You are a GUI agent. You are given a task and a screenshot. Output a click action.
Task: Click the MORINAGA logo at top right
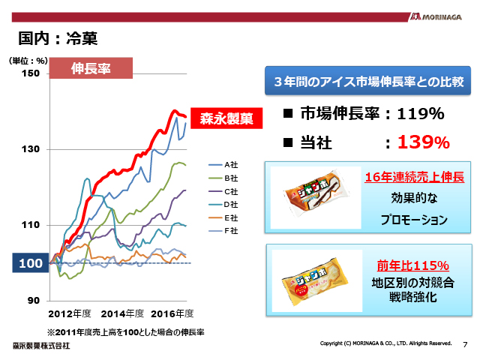pos(440,16)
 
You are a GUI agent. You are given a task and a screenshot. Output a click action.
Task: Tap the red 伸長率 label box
pos(91,68)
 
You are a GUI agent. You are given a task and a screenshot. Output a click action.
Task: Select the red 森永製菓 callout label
pos(226,118)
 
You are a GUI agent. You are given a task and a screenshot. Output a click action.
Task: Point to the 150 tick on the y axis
pos(31,73)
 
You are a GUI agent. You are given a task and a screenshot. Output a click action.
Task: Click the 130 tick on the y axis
pos(31,149)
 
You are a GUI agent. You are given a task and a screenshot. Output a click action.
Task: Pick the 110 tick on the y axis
pos(31,225)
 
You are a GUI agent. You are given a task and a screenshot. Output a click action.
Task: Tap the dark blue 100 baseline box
pos(29,263)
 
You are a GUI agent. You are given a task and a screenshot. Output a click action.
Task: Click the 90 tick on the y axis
pos(34,301)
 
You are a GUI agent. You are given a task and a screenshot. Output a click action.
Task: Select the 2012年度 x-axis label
pos(69,313)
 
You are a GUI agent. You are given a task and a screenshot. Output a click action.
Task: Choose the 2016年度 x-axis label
pos(172,313)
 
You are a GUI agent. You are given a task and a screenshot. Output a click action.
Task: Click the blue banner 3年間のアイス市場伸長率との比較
pos(368,81)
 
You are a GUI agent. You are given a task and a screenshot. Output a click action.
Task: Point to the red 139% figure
pos(423,142)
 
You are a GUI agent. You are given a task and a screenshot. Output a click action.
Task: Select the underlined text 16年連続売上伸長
pos(414,178)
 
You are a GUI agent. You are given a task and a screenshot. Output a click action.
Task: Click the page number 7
pos(465,344)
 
